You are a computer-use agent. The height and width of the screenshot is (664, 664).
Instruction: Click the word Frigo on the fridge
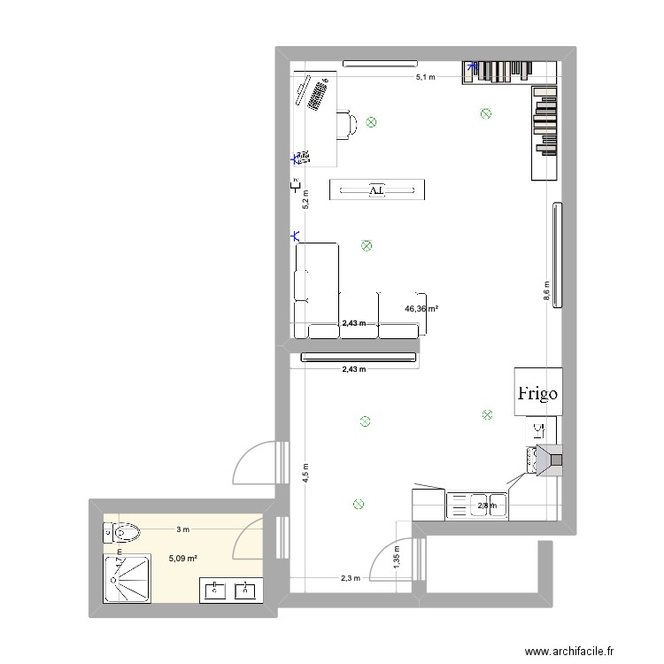tap(537, 393)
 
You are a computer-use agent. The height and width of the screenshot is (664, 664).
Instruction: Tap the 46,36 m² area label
tap(422, 309)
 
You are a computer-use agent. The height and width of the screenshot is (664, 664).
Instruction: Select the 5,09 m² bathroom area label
tap(182, 559)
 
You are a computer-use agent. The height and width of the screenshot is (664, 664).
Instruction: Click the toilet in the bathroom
tap(122, 533)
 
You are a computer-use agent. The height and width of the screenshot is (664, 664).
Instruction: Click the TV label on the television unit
tap(376, 189)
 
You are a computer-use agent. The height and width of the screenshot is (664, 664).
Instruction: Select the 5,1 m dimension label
tap(425, 78)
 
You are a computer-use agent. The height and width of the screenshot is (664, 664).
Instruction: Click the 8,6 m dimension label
tap(546, 292)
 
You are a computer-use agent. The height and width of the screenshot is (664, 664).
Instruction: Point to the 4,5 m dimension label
tap(306, 472)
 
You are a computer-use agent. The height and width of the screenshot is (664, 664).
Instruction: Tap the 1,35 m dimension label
tap(396, 556)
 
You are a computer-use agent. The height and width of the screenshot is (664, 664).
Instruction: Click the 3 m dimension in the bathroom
tap(182, 529)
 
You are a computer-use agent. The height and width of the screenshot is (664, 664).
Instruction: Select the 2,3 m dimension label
tap(351, 579)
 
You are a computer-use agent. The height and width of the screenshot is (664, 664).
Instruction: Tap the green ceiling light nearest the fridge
tap(486, 413)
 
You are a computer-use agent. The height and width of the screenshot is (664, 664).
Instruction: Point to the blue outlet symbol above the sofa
tap(295, 236)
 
